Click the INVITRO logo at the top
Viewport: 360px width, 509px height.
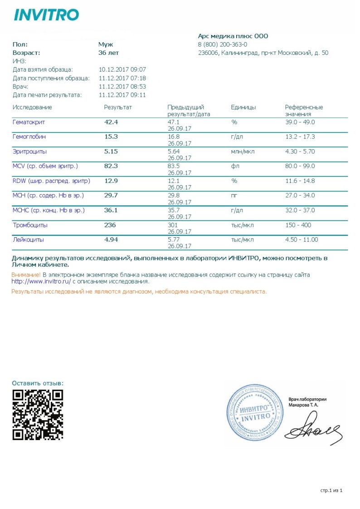coord(46,15)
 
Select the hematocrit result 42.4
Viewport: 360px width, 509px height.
coord(111,122)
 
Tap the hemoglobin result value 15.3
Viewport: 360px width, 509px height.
coord(111,137)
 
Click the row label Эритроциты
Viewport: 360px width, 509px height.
coord(29,152)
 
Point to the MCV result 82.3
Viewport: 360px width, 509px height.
coord(111,166)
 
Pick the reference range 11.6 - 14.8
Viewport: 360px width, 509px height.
coord(300,181)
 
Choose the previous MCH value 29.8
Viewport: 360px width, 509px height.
coord(174,196)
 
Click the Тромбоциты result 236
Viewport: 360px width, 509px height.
coord(110,225)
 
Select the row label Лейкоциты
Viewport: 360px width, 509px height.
coord(28,240)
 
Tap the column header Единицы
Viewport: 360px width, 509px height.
coord(243,108)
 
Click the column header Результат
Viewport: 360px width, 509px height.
coord(117,108)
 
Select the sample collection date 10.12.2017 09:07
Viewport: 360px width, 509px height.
coord(122,69)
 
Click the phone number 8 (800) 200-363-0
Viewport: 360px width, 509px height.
coord(222,44)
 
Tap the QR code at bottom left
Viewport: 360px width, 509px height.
coord(38,415)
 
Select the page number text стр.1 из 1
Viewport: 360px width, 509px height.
coord(331,490)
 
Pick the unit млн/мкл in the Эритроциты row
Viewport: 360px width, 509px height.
coord(243,152)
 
